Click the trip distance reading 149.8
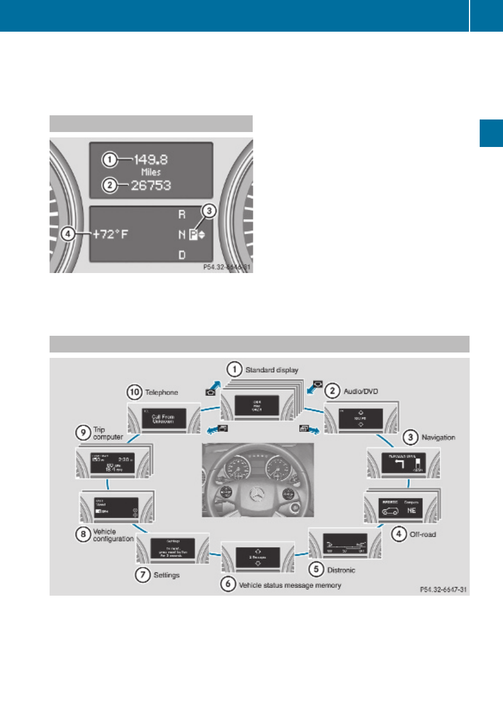coord(151,160)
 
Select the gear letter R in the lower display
coord(182,213)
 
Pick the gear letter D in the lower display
coord(182,255)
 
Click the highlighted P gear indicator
coord(193,235)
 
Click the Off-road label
coord(422,534)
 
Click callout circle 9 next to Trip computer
coord(83,430)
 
